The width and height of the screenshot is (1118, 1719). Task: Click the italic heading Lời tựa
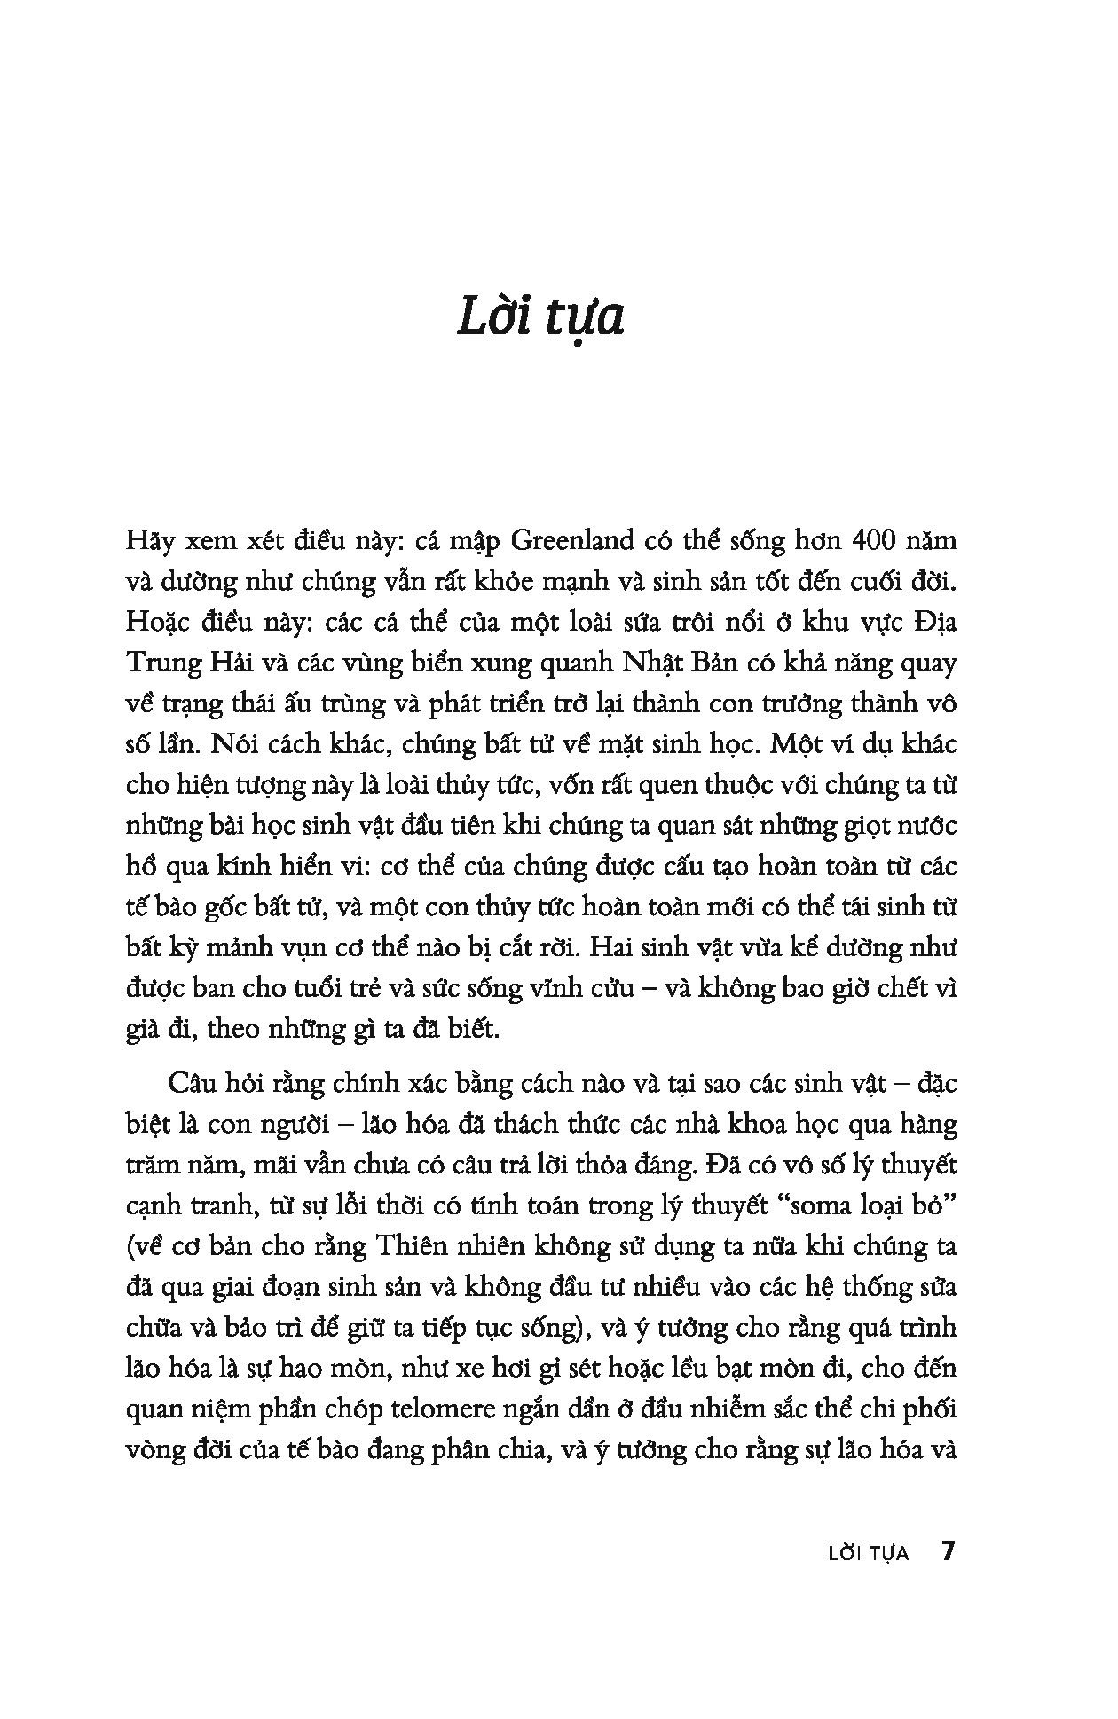coord(540,318)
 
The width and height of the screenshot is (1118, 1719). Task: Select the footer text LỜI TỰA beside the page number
coord(867,1554)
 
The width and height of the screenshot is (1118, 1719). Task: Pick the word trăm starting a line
coord(149,1165)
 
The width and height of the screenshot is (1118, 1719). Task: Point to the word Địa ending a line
coord(932,622)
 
